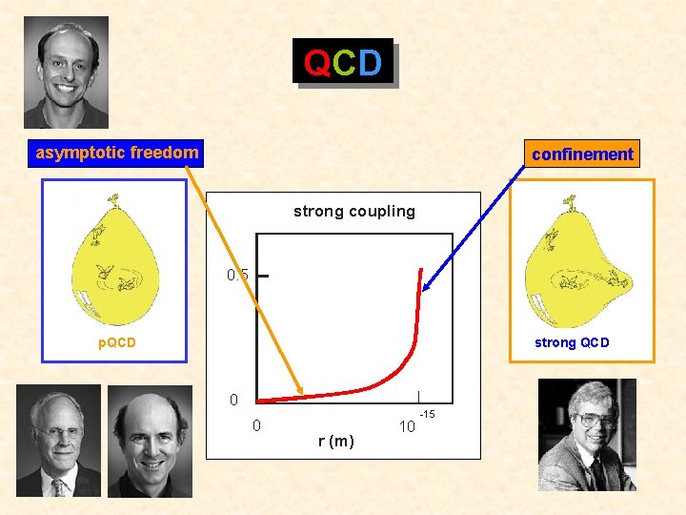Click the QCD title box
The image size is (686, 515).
(343, 63)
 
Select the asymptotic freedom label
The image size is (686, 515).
(116, 153)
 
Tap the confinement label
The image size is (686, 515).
(582, 154)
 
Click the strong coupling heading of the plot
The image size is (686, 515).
(354, 211)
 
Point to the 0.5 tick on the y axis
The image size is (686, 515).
(238, 276)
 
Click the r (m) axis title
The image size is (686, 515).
(335, 441)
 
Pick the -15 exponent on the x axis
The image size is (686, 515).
(428, 414)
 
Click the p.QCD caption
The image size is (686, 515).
(118, 342)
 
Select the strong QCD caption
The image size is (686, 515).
(572, 342)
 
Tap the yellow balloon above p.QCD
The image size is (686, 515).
(113, 262)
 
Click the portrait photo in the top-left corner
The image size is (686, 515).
(66, 72)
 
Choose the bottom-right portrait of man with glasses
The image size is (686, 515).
(587, 434)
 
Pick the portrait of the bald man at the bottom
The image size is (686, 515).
(150, 441)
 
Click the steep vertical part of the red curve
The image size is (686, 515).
(417, 305)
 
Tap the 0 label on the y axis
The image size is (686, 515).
(233, 399)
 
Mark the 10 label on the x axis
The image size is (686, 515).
(407, 426)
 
